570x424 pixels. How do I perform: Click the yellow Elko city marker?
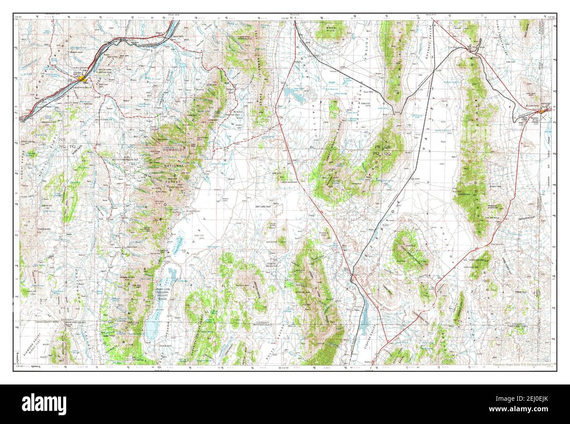[x=83, y=79]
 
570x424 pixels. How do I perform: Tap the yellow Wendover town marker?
[x=542, y=114]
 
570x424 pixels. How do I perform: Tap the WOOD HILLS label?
[x=331, y=29]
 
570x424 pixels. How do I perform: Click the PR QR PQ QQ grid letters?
[x=381, y=150]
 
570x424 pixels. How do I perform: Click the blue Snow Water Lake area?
[x=291, y=93]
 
